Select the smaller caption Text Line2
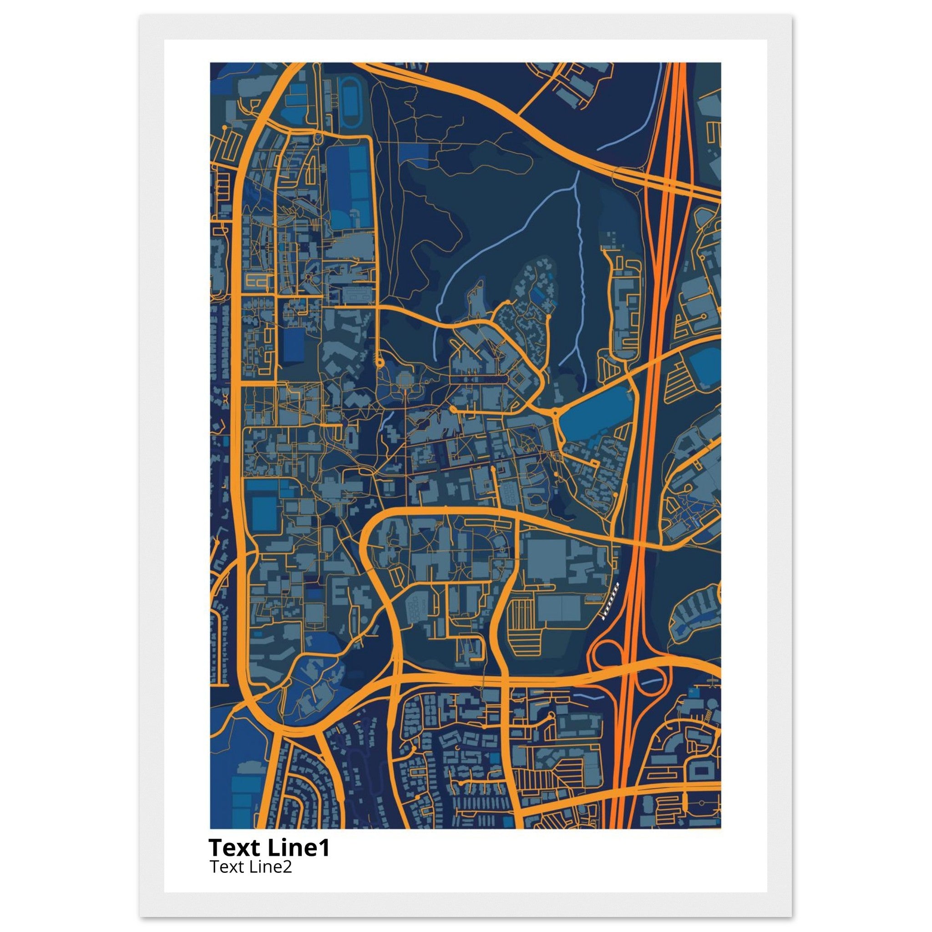pos(251,867)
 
